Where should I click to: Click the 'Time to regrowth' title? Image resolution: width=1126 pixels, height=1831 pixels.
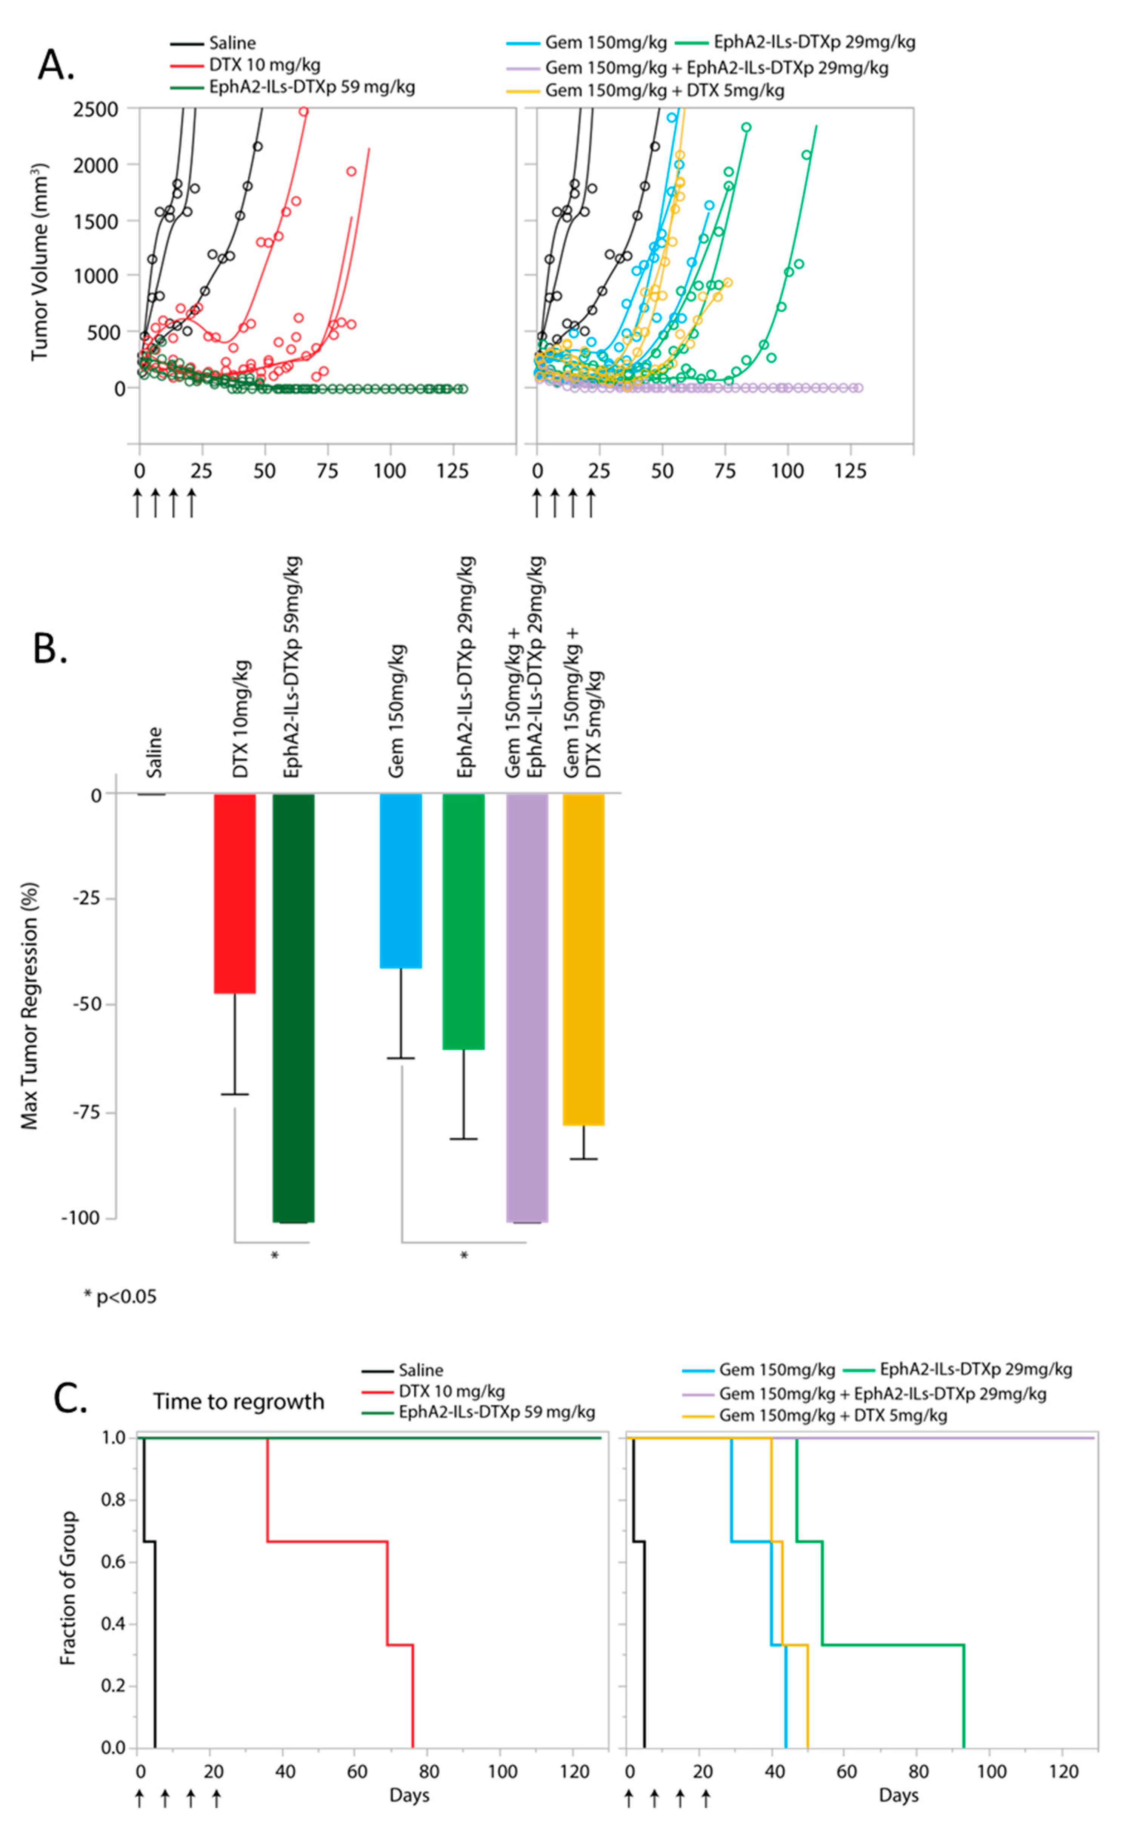[238, 1402]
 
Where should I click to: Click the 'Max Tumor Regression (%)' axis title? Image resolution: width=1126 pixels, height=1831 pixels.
[30, 1005]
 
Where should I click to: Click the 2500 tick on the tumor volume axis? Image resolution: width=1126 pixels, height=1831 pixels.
[95, 109]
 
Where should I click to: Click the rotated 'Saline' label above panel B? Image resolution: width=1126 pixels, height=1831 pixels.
[154, 752]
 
